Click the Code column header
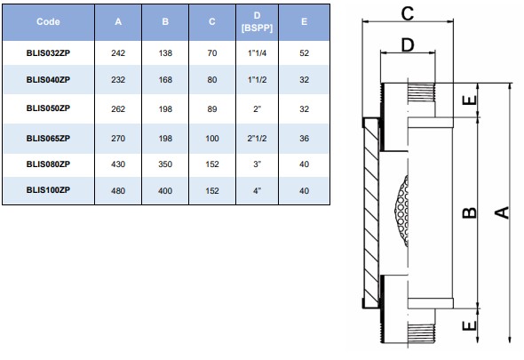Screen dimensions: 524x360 click(x=48, y=21)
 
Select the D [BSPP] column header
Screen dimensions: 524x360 click(x=257, y=21)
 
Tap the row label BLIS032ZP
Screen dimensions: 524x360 click(x=48, y=52)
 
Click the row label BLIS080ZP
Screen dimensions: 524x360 click(x=48, y=164)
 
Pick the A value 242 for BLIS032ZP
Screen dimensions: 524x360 click(x=118, y=52)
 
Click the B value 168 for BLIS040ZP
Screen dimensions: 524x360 click(x=165, y=80)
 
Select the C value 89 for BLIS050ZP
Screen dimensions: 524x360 click(x=212, y=108)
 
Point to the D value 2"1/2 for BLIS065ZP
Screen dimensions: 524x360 click(x=257, y=138)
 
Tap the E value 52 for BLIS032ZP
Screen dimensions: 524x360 click(x=304, y=52)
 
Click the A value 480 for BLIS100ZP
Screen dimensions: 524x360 click(x=118, y=191)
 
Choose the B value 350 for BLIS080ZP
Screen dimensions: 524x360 click(x=165, y=164)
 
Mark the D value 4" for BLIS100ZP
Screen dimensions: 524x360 click(x=257, y=191)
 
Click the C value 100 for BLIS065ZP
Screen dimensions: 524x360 click(x=212, y=138)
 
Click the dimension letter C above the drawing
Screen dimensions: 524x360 click(x=408, y=13)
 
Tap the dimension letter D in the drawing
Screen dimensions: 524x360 click(x=408, y=44)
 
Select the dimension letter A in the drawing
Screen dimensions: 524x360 click(x=502, y=212)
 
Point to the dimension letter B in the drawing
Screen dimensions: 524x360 click(x=470, y=212)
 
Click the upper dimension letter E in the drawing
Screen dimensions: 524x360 click(x=470, y=100)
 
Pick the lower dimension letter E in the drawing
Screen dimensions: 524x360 click(x=470, y=325)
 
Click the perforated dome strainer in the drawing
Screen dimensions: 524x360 click(x=401, y=211)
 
